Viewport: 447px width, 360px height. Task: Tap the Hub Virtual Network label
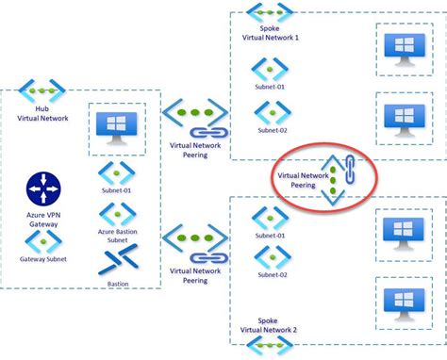tap(42, 113)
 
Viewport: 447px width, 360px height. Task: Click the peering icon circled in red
tap(336, 175)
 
